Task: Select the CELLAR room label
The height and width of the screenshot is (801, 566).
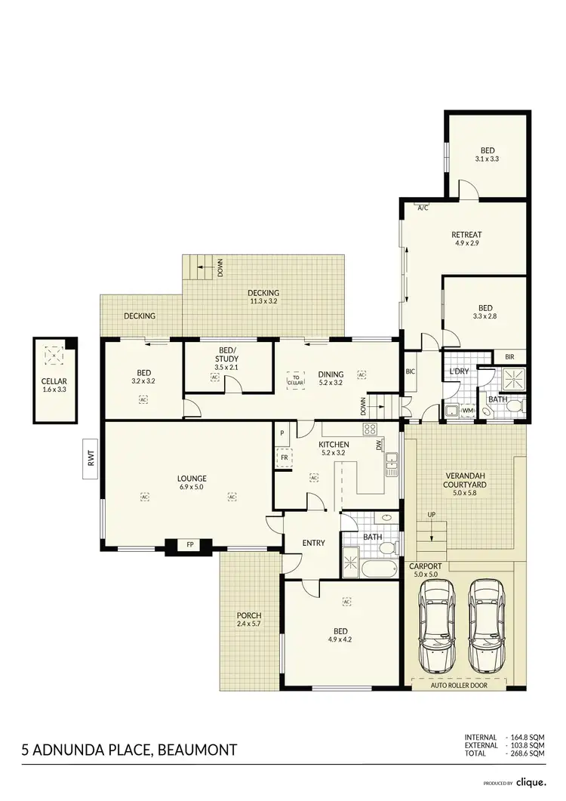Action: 54,381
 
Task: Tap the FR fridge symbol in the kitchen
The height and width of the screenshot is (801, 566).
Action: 285,458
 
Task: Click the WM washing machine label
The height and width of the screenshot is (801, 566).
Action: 468,411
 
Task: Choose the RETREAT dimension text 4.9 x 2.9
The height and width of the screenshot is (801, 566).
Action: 466,243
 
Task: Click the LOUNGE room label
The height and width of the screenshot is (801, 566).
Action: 192,478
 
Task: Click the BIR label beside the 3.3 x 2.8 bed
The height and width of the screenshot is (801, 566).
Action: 509,356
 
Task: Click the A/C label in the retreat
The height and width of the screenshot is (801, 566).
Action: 423,208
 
